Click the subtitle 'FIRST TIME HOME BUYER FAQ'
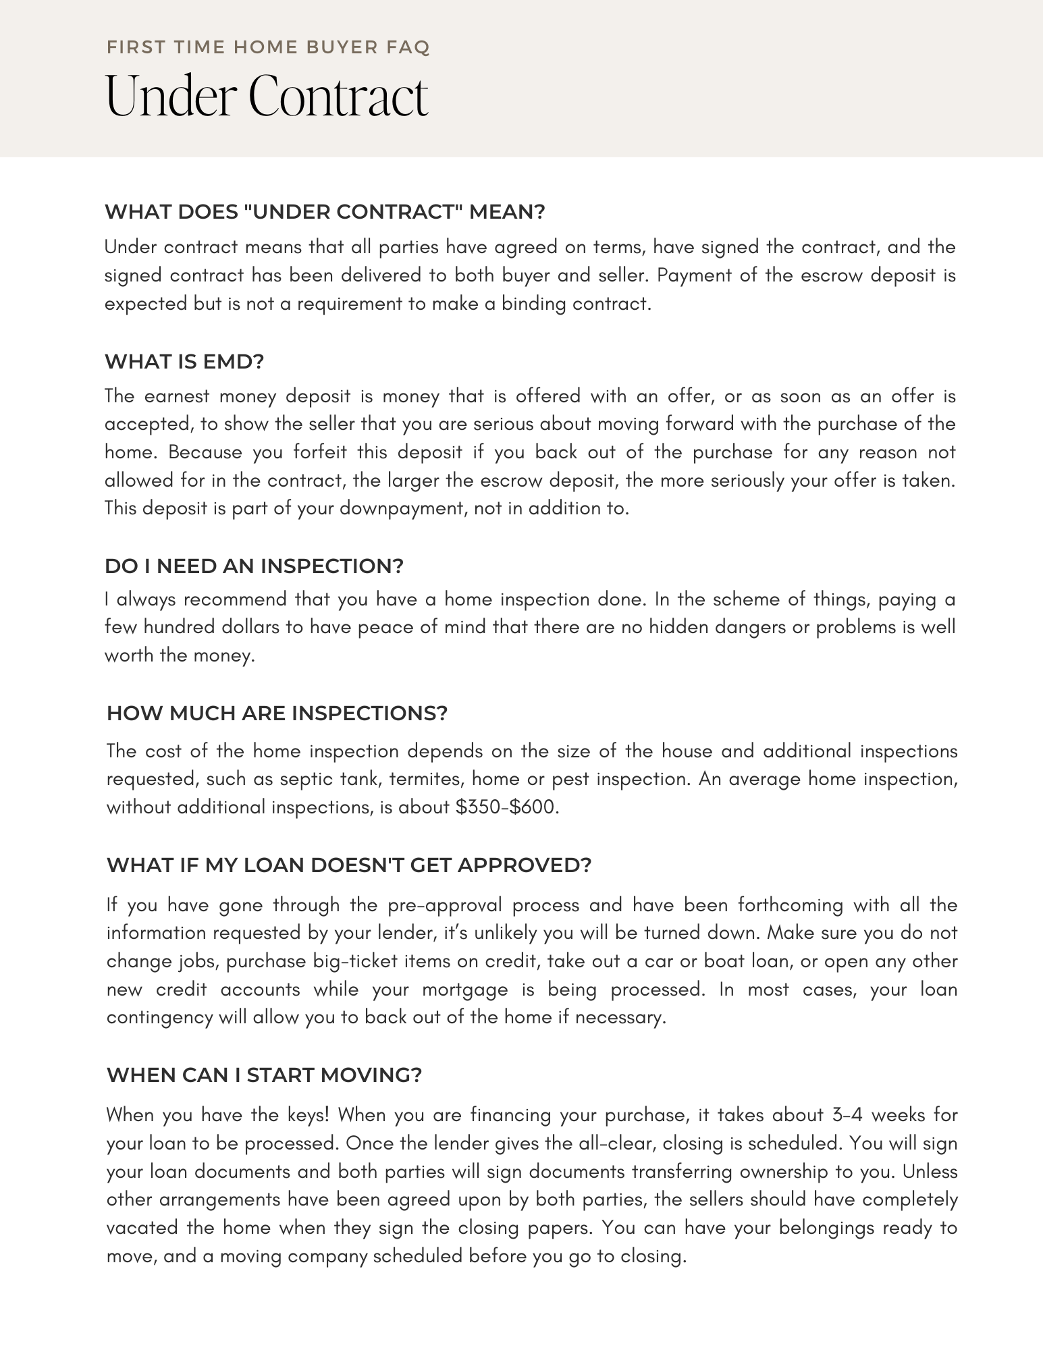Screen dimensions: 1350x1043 [x=268, y=48]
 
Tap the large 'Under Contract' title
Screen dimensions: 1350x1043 [x=267, y=97]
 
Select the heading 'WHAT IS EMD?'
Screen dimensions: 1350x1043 [x=184, y=362]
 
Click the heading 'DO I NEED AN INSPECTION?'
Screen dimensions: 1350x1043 [x=254, y=566]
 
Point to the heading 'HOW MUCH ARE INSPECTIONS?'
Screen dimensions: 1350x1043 [x=277, y=713]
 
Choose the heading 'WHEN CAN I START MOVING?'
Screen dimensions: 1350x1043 [x=264, y=1075]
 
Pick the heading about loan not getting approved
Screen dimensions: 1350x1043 [x=349, y=865]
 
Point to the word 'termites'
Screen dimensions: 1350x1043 [x=415, y=779]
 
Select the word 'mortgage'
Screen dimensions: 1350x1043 [x=465, y=990]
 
